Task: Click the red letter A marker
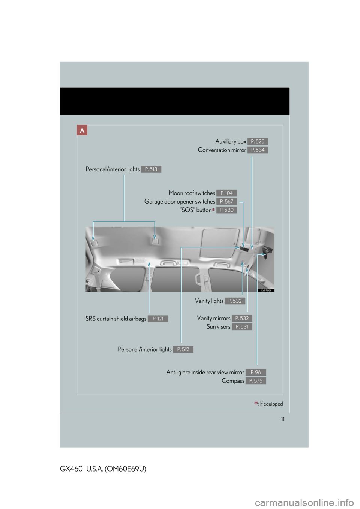tap(82, 130)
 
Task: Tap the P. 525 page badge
tap(258, 141)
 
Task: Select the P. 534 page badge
tap(258, 150)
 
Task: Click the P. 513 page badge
tap(151, 169)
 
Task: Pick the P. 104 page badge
tap(226, 193)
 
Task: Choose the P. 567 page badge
tap(226, 202)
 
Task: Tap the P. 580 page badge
tap(226, 210)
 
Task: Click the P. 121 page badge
tap(158, 319)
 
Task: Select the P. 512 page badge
tap(183, 349)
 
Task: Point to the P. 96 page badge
tap(256, 372)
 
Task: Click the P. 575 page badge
tap(256, 381)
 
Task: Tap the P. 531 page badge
tap(242, 327)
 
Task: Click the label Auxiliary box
tap(231, 141)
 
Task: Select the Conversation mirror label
tap(222, 150)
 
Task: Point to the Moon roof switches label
tap(192, 193)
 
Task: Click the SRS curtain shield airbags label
tap(116, 319)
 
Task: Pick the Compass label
tap(233, 381)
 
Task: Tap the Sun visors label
tap(219, 327)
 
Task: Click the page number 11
tap(282, 419)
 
